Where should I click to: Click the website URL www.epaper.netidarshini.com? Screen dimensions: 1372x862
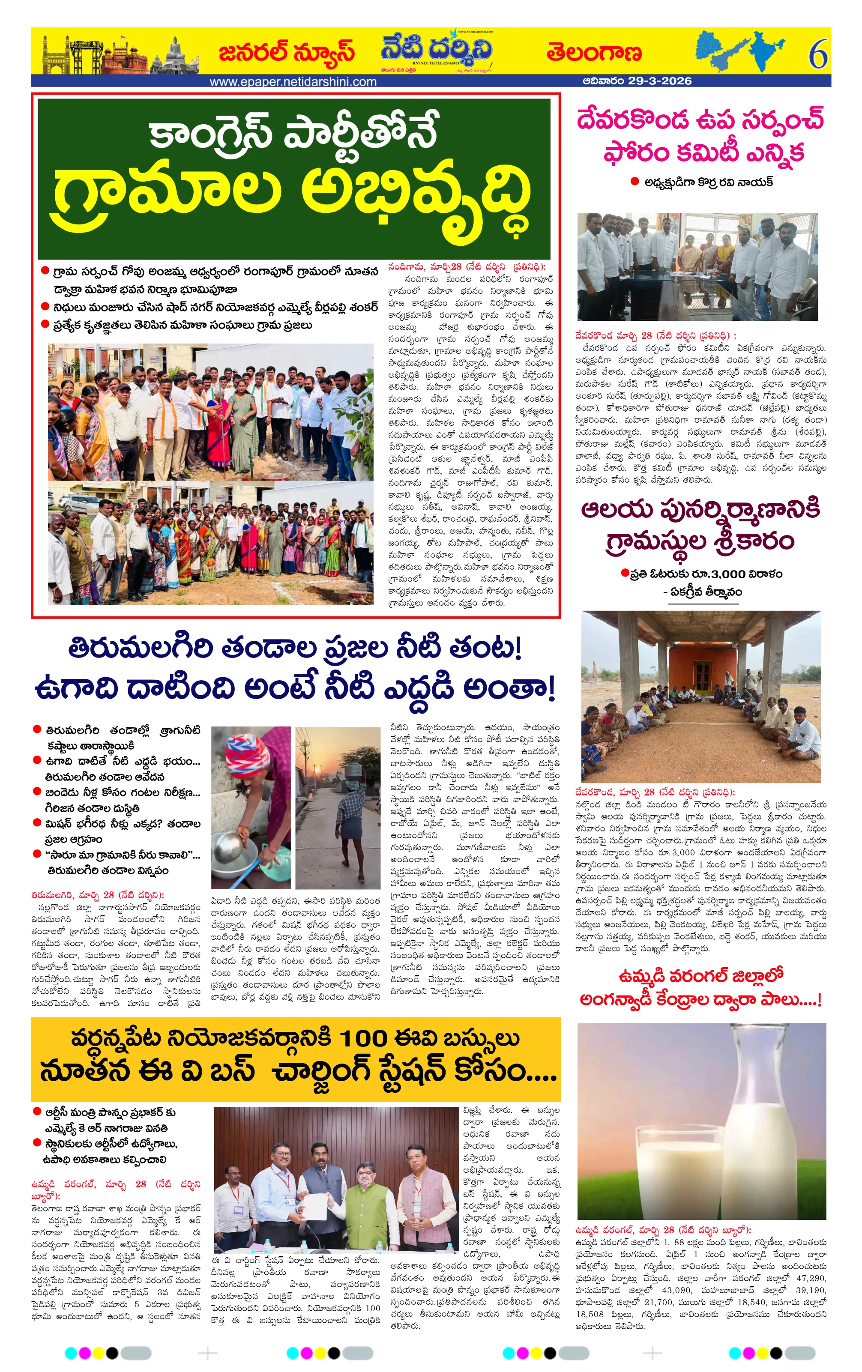click(x=293, y=81)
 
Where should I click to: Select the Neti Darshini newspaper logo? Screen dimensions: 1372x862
click(x=437, y=52)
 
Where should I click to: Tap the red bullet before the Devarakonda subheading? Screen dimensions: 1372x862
click(x=634, y=182)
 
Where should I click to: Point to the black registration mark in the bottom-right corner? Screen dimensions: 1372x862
click(x=775, y=1353)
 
